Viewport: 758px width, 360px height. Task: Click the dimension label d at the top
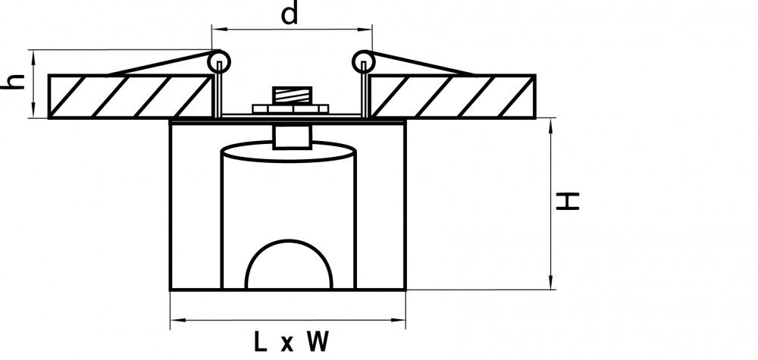[290, 14]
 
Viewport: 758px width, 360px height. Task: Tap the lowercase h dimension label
[13, 80]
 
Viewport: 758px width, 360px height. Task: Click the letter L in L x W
[260, 342]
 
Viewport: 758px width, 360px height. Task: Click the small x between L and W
[287, 343]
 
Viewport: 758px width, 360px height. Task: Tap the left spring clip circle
[219, 61]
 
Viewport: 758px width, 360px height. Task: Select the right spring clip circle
[364, 61]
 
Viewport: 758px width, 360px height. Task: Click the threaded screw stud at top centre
[292, 95]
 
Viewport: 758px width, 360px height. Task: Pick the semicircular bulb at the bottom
[289, 265]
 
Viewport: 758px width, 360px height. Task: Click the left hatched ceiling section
[131, 96]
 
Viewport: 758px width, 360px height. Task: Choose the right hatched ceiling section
[453, 96]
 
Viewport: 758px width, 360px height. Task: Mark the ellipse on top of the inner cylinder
[289, 152]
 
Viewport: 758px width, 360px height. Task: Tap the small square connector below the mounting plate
[292, 136]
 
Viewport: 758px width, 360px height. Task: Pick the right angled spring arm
[421, 63]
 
